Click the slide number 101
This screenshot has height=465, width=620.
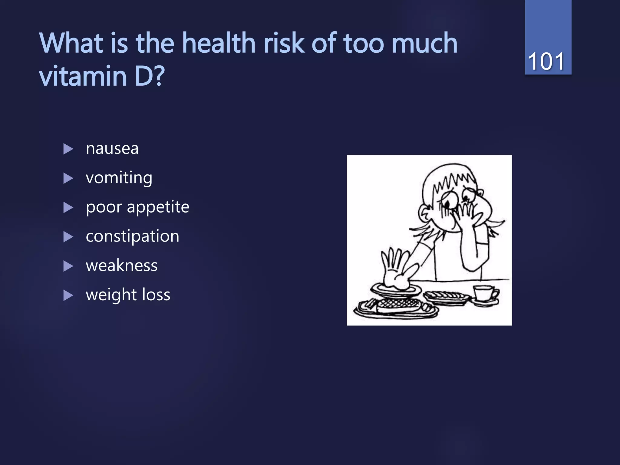(546, 61)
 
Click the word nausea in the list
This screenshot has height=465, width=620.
(112, 149)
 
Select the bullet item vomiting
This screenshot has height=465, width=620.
(119, 178)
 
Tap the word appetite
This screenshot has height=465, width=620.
(158, 208)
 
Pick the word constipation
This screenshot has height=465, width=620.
(132, 236)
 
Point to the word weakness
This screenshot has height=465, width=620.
(121, 265)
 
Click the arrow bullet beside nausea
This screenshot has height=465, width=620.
(68, 149)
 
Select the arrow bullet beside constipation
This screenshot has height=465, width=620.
(68, 237)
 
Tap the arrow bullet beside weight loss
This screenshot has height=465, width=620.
(68, 295)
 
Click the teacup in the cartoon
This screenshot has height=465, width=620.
(484, 293)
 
